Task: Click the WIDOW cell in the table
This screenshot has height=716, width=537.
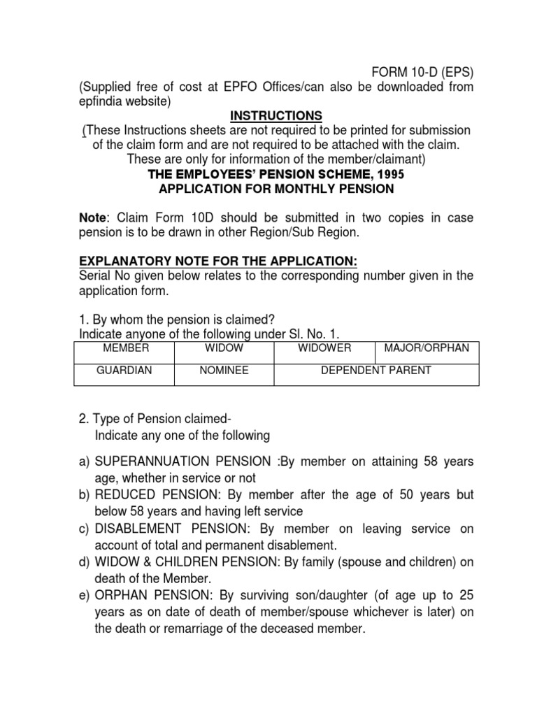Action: pyautogui.click(x=224, y=348)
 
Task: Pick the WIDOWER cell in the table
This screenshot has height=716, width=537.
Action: pyautogui.click(x=324, y=348)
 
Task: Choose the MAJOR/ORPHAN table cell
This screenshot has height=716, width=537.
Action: pyautogui.click(x=427, y=348)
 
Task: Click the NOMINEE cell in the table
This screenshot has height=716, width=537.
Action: pyautogui.click(x=224, y=371)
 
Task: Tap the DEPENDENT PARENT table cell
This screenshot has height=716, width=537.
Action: pyautogui.click(x=376, y=371)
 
